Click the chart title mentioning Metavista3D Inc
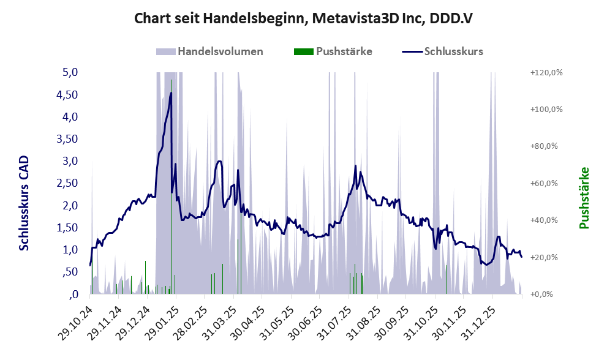[x=303, y=18]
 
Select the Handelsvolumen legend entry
[x=221, y=51]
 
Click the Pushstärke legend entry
[x=344, y=51]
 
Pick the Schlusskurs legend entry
[x=453, y=51]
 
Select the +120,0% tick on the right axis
[x=546, y=72]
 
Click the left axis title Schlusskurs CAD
[x=25, y=203]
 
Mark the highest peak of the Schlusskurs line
[x=171, y=93]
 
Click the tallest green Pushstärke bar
[x=172, y=184]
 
